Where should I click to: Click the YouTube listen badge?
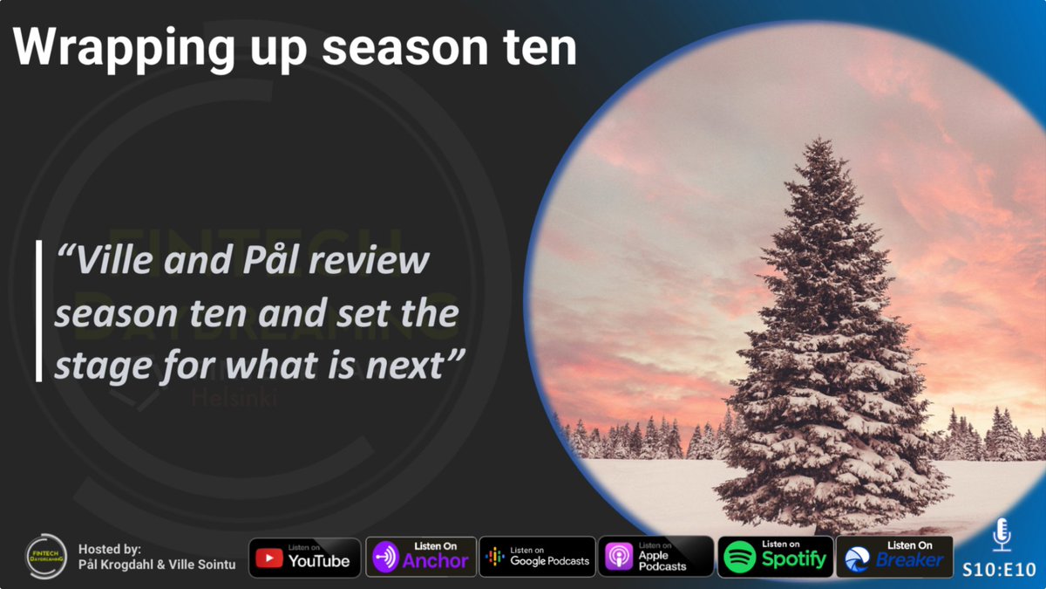click(304, 558)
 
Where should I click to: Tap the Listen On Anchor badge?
click(421, 558)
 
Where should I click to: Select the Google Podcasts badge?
click(537, 558)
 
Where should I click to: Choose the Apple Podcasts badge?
click(655, 558)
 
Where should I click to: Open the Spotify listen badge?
click(775, 558)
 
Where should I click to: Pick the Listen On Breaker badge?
click(894, 558)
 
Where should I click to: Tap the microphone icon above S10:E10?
click(1002, 534)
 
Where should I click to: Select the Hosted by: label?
click(109, 549)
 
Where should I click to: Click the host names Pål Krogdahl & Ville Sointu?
click(157, 565)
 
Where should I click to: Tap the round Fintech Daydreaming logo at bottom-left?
click(46, 557)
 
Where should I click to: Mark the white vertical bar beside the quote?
click(39, 311)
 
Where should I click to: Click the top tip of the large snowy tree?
click(822, 140)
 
